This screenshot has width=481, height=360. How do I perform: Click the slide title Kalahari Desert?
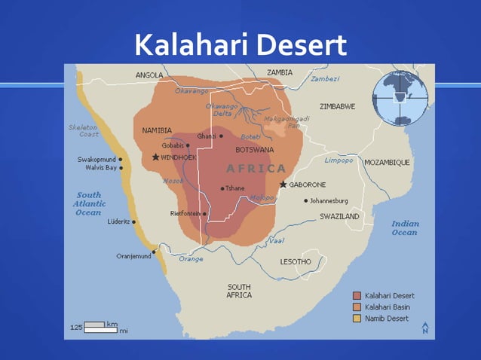tap(240, 45)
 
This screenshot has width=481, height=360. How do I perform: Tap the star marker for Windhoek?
tap(155, 157)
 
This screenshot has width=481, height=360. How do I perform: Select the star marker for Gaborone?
tap(283, 185)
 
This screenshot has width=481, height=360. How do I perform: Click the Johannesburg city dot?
tap(306, 201)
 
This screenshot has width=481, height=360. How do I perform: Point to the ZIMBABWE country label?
tap(337, 106)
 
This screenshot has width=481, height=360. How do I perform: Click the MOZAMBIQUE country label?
tap(387, 162)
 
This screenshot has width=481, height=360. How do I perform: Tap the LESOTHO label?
tap(296, 261)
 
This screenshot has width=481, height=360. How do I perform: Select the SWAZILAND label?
tap(339, 216)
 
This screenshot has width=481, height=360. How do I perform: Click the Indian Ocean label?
tap(404, 227)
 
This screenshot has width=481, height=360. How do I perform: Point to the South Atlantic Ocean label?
tap(88, 203)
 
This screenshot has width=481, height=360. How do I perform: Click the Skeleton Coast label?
tap(84, 130)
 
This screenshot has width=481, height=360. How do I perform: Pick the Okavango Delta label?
tap(221, 110)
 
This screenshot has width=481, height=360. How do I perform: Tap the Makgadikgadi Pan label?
tap(282, 122)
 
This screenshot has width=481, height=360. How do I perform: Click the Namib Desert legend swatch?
tap(357, 319)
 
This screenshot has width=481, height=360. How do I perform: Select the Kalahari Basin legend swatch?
tap(357, 307)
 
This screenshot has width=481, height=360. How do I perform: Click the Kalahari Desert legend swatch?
tap(357, 296)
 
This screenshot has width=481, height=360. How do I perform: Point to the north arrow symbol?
tap(425, 327)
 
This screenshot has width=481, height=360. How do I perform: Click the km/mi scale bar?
tap(95, 327)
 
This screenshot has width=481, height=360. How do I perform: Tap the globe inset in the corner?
tap(400, 98)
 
